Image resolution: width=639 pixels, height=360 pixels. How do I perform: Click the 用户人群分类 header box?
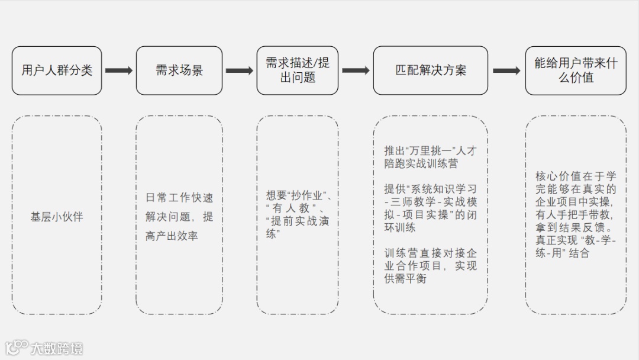pos(57,70)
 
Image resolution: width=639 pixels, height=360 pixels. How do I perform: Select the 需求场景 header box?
pos(179,70)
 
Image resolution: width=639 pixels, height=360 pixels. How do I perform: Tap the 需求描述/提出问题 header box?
pos(298,70)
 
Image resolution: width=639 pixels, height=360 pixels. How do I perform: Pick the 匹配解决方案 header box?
pos(431,70)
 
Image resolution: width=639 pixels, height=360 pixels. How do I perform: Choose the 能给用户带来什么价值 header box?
pos(575,70)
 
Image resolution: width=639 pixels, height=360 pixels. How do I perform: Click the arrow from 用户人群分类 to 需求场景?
pos(119,70)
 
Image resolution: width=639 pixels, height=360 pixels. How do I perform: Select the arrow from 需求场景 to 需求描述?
pos(239,70)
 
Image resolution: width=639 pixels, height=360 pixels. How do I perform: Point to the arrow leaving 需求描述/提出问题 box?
pos(356,70)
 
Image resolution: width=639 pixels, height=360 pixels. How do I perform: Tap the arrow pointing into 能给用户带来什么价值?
pos(506,70)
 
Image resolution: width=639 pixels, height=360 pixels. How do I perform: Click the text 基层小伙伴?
pos(57,217)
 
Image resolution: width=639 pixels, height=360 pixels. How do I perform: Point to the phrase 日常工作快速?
pos(179,198)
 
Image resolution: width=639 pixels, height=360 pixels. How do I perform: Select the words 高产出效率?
pos(172,236)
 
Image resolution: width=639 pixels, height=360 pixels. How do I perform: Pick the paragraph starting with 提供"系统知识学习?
pos(430,208)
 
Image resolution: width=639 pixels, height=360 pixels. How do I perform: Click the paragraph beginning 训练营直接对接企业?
pos(430,266)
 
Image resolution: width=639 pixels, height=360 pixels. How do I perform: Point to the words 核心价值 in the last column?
pos(554,176)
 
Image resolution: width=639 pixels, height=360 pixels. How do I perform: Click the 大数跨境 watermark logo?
pos(44,348)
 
